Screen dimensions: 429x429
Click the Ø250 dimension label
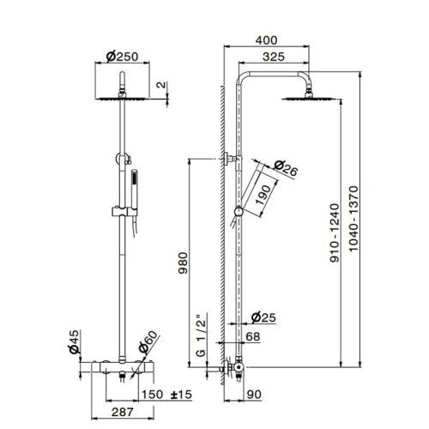coord(124,57)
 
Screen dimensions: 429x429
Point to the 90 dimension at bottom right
coord(255,395)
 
